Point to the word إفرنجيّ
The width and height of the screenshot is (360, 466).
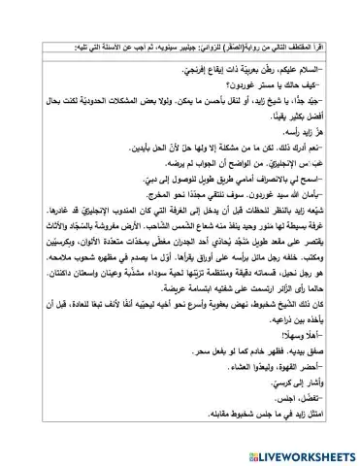click(x=201, y=45)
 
